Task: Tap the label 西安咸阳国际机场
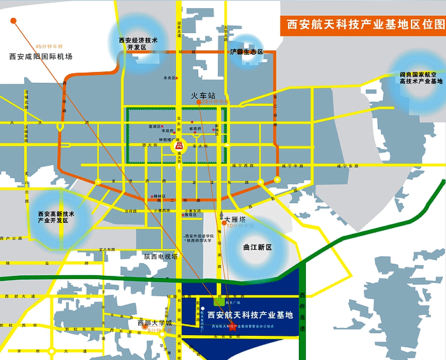tap(41, 57)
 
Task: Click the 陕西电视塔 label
tap(161, 256)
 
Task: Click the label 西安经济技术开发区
tap(138, 43)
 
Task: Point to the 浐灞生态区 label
tap(247, 52)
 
